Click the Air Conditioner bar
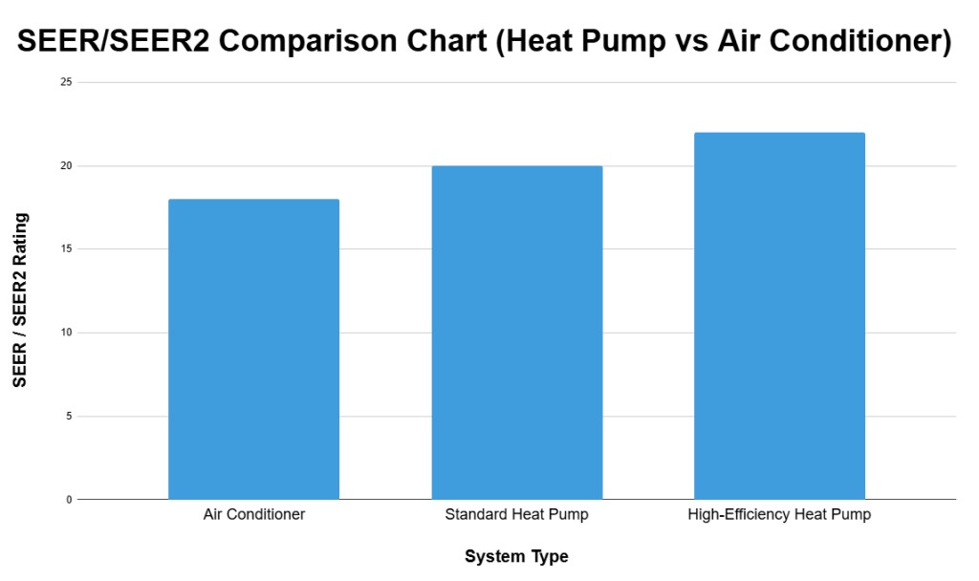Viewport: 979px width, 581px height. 253,349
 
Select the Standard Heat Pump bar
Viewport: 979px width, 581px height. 516,333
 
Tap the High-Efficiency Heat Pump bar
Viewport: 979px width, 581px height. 779,315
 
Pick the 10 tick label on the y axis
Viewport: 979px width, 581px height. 65,333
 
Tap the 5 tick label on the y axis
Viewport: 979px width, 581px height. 68,417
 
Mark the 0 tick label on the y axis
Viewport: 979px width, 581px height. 68,500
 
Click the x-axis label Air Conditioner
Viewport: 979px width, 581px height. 253,515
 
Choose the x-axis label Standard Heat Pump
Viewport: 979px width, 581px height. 516,515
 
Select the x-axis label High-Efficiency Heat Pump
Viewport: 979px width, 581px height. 779,515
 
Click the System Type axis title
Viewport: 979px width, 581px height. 516,556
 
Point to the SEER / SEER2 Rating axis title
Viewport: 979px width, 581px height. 20,299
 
